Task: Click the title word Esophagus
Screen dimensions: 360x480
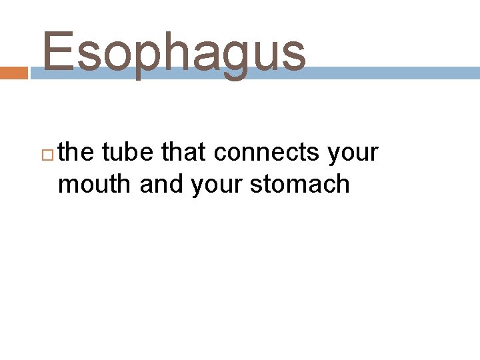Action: pos(174,52)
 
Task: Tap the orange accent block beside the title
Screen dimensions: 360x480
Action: pos(13,73)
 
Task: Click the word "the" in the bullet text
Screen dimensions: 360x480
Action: pos(76,153)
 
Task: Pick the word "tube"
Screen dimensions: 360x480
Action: pos(131,153)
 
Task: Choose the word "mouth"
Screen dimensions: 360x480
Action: pos(95,183)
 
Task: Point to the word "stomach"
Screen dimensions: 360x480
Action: pos(299,183)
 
